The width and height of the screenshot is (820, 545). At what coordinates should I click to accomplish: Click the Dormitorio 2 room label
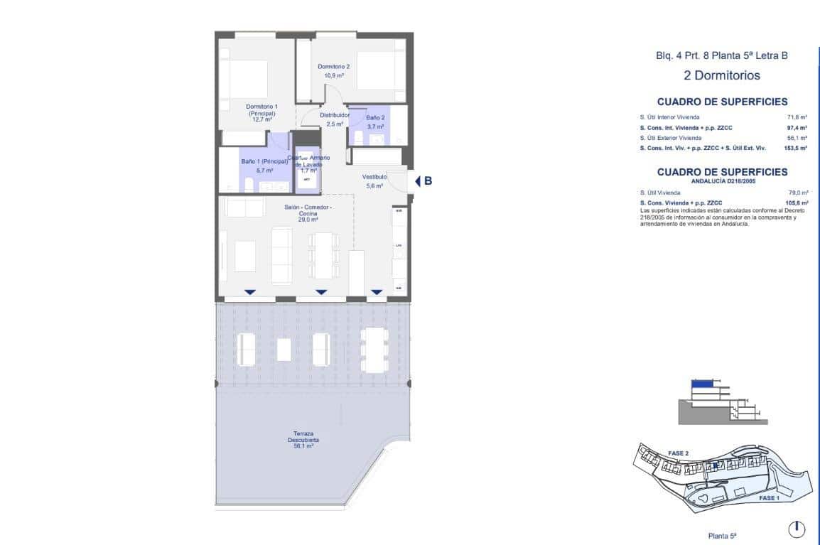tap(333, 70)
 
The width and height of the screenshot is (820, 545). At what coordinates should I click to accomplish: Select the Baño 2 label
tap(375, 122)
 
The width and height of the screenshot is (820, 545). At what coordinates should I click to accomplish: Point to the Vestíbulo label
tap(374, 181)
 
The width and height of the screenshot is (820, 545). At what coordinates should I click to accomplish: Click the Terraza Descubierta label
tap(303, 439)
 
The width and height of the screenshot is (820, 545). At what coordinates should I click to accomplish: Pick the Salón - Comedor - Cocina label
tap(308, 213)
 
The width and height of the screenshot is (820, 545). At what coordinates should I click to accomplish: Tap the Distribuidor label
tap(335, 119)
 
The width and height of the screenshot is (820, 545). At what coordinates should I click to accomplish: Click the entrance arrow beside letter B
tap(418, 181)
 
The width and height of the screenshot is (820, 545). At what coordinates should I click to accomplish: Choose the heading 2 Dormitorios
tap(721, 75)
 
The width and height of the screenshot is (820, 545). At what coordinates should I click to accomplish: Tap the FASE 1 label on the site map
tap(769, 498)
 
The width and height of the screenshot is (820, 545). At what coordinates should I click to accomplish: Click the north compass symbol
tap(797, 529)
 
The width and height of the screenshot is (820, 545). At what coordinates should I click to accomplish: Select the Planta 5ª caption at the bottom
tap(721, 536)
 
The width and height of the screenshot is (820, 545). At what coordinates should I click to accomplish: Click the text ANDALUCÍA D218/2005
tap(722, 180)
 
